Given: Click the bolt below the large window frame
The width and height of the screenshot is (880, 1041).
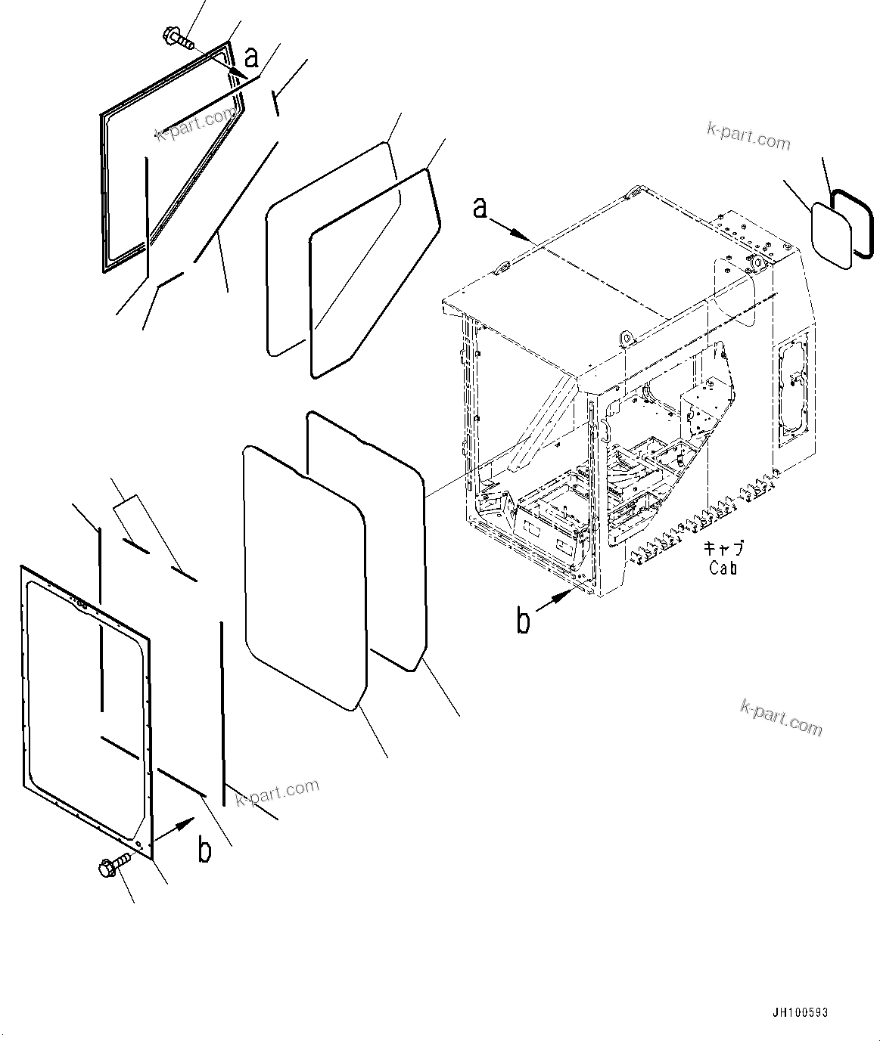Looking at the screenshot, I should (113, 866).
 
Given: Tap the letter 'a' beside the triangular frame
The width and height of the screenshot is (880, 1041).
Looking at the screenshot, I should (252, 57).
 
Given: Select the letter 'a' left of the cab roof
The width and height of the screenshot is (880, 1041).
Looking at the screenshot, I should (480, 207).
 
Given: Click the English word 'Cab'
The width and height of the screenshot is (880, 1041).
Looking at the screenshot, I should (723, 568).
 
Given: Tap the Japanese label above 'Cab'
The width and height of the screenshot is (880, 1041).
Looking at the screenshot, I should (723, 548).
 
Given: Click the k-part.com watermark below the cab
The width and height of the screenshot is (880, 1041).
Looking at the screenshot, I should (780, 717).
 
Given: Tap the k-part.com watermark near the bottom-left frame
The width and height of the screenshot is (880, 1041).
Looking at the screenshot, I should (277, 792).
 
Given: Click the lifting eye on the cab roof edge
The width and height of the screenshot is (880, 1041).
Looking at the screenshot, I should (626, 337).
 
